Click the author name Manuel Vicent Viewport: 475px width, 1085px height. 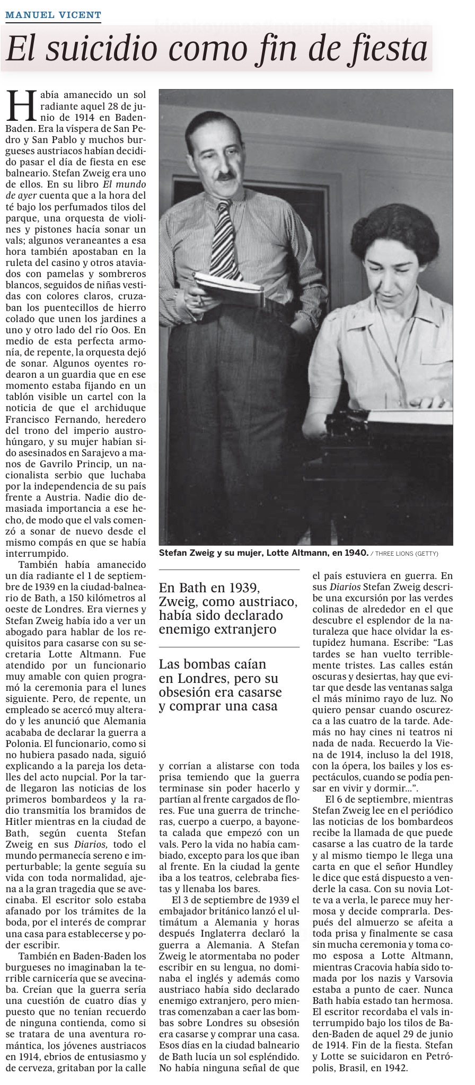(x=53, y=15)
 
